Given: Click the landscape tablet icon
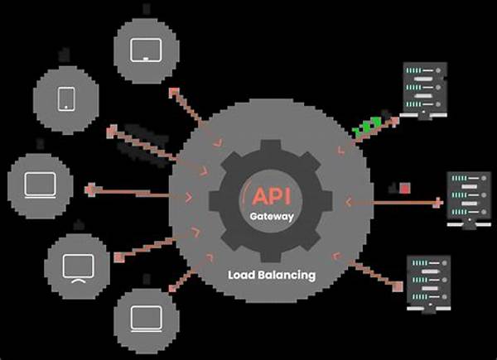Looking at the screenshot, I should (x=145, y=50).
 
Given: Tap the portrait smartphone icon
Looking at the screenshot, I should (x=66, y=99).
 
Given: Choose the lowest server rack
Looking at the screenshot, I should (x=428, y=281).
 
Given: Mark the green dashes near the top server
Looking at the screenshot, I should (x=367, y=127).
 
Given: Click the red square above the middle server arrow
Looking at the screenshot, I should (x=405, y=188).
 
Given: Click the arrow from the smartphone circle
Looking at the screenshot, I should (x=145, y=144).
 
